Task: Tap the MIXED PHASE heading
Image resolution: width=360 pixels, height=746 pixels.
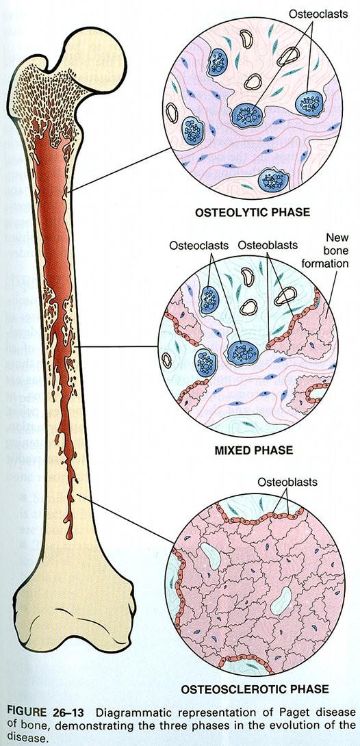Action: click(253, 450)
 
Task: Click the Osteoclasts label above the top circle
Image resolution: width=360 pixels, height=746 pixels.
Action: click(319, 14)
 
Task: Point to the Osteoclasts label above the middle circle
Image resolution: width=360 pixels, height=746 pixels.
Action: click(198, 246)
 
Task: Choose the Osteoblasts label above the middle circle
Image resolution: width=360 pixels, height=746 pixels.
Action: click(268, 246)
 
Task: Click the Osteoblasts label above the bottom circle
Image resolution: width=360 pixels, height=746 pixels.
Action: click(287, 482)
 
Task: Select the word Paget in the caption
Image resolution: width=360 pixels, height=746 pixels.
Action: click(287, 712)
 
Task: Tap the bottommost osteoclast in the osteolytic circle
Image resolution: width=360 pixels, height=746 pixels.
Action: click(274, 180)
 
